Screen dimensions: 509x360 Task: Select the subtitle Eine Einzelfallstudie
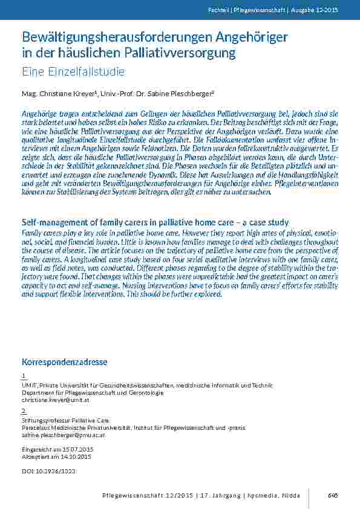point(73,72)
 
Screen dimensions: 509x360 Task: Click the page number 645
point(332,495)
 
